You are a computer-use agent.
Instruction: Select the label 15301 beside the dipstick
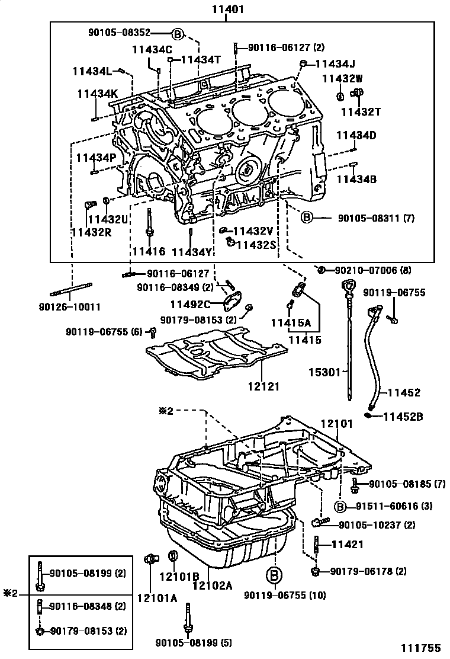click(324, 372)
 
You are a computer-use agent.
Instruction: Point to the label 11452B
click(403, 417)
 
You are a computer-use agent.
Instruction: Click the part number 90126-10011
click(75, 307)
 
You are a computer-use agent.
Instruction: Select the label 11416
click(148, 252)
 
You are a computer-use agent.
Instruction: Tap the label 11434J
click(335, 64)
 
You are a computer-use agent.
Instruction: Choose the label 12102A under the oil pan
click(212, 585)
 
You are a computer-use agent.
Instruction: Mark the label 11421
click(347, 544)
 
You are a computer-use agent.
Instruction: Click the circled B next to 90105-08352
click(178, 34)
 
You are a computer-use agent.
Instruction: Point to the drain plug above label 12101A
click(152, 559)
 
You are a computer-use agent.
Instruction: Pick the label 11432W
click(342, 78)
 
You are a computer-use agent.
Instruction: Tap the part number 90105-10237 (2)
click(377, 524)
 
